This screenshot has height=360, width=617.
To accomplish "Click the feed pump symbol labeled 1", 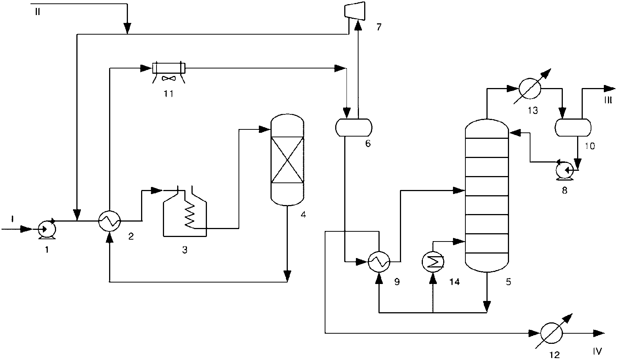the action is [47, 229].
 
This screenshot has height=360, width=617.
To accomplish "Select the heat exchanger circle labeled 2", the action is [109, 221].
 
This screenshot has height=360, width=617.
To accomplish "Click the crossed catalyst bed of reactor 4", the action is [287, 160].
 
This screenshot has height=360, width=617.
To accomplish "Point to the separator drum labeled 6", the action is [354, 127].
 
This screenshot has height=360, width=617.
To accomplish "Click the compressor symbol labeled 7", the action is [355, 11].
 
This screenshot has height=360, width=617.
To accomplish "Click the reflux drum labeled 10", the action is [573, 127].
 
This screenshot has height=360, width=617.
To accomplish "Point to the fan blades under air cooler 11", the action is [169, 79].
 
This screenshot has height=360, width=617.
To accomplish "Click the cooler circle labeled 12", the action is [552, 334].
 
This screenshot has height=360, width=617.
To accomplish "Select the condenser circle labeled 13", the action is [529, 89].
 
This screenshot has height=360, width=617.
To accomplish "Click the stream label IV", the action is [597, 351].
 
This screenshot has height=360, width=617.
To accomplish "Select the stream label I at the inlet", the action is [12, 219].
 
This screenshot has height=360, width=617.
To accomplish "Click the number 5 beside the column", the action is [508, 281].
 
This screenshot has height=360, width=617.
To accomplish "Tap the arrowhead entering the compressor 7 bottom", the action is [358, 25].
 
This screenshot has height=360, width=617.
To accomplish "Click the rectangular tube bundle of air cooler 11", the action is [169, 68].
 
